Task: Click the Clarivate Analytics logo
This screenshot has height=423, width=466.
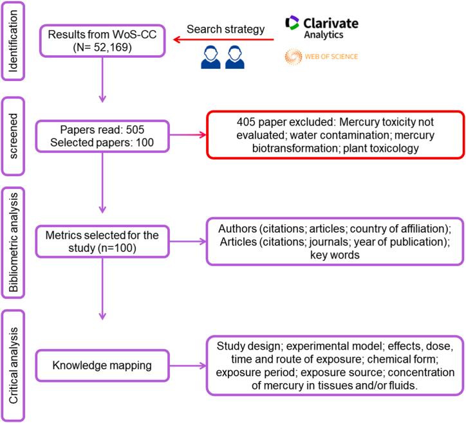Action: [x=322, y=26]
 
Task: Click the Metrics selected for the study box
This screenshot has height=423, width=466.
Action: [x=102, y=237]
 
